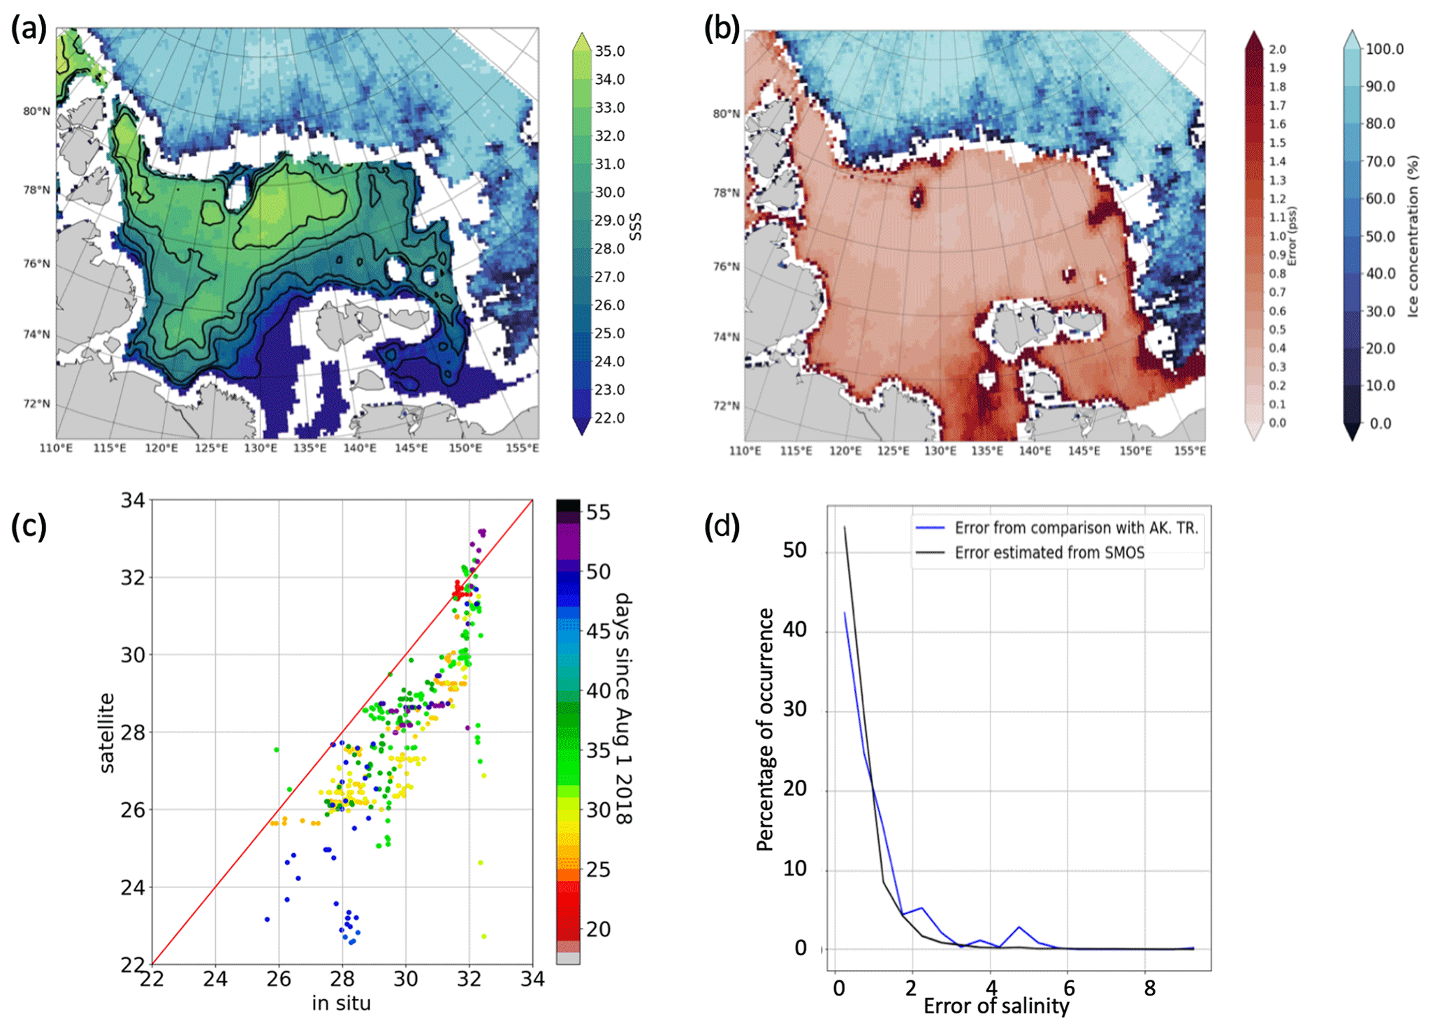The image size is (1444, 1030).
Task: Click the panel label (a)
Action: point(28,29)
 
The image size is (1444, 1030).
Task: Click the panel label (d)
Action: point(721,525)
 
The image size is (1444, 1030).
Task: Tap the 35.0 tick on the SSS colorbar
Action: point(609,51)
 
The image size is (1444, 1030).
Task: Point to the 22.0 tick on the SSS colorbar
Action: point(609,418)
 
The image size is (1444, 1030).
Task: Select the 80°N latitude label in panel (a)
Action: point(36,111)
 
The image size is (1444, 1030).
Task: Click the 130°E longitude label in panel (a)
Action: point(261,448)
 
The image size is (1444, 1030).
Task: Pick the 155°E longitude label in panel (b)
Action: point(1189,451)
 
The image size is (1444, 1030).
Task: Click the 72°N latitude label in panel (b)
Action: point(726,406)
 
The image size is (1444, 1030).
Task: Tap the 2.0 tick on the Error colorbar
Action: point(1277,50)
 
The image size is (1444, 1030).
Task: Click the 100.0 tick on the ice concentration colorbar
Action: point(1385,49)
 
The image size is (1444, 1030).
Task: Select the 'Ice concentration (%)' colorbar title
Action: point(1413,236)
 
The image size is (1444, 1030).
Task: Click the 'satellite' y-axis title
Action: point(106,732)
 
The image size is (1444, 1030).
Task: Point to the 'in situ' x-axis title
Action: point(341,1003)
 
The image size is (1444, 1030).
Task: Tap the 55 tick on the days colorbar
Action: point(598,512)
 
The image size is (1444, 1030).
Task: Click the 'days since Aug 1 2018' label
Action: point(622,708)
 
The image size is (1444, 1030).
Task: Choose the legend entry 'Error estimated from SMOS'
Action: point(1049,553)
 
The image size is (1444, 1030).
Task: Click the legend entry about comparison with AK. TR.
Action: point(1076,528)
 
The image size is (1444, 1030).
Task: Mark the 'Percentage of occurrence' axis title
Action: point(766,729)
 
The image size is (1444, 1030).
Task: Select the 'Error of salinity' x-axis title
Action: point(996,1006)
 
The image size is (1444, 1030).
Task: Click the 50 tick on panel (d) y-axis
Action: point(795,551)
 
